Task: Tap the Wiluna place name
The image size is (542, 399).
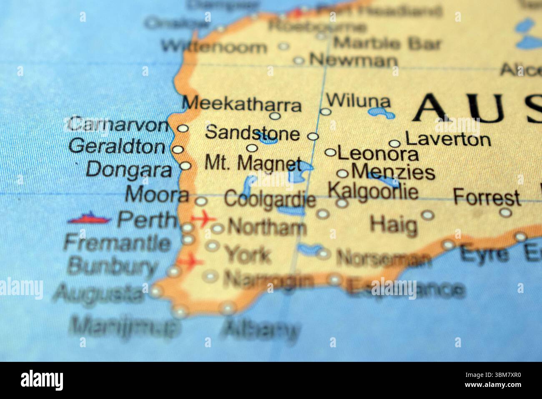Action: (x=359, y=101)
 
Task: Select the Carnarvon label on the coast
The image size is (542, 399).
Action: (x=118, y=124)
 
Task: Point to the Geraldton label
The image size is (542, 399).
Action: (x=117, y=146)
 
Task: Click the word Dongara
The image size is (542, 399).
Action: (x=129, y=169)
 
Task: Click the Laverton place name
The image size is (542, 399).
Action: (x=448, y=139)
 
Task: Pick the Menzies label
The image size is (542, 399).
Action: (x=393, y=172)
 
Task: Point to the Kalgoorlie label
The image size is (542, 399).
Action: (x=373, y=192)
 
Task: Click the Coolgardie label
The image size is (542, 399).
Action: (x=270, y=199)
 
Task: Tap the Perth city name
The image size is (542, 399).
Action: (x=146, y=220)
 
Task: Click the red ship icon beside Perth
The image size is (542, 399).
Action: (x=89, y=218)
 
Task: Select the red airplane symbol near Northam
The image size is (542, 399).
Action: (x=203, y=218)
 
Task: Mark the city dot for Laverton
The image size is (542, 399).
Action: (x=394, y=144)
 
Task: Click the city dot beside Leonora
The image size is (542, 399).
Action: (x=330, y=153)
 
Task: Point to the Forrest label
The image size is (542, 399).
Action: (x=487, y=197)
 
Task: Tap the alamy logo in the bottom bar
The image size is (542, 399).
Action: (x=42, y=380)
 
